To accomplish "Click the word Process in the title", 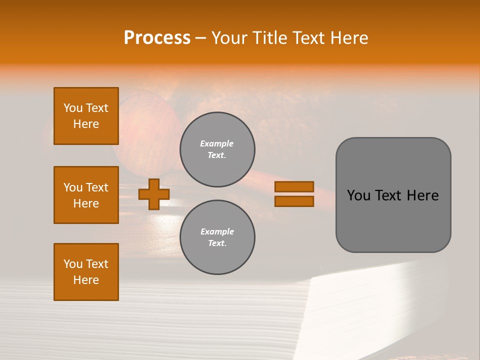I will coord(157,38).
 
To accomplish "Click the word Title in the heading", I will coord(269,38).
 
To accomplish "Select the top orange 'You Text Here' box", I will coord(86,116).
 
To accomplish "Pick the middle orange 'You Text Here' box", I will coord(86,195).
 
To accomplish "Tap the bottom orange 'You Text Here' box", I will coord(86,272).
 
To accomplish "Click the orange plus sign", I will coord(153,194).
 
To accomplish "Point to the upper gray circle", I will coord(217,149).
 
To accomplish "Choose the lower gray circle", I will coord(217,237).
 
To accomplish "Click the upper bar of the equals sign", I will coord(294,186).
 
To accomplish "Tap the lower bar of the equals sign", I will coord(294,201).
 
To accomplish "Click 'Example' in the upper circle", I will coord(217,143).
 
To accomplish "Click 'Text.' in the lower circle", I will coord(217,243).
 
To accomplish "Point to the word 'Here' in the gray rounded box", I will coord(422,195).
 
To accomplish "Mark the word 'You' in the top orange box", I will coord(73,108).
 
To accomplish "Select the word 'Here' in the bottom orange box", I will coord(86,280).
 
